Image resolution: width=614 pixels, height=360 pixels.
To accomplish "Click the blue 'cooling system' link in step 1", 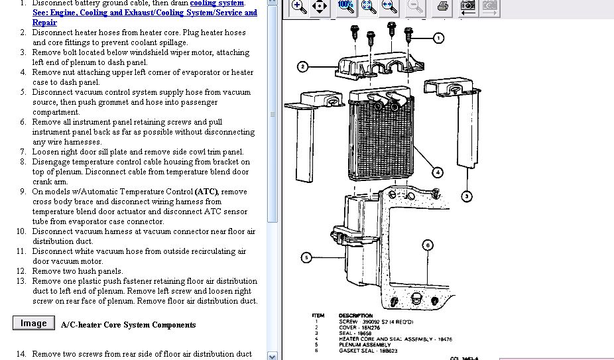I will click(x=217, y=3).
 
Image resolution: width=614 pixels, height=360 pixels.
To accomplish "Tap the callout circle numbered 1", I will click(x=438, y=38).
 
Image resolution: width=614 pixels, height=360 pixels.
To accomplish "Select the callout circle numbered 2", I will click(x=302, y=66).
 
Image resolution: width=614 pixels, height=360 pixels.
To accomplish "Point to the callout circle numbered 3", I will click(x=467, y=196).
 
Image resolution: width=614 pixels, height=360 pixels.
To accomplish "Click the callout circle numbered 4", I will click(x=438, y=172).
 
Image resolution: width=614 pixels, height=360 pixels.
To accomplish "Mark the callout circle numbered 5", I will click(x=306, y=257).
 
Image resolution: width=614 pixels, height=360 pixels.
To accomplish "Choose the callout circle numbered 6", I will click(x=428, y=245).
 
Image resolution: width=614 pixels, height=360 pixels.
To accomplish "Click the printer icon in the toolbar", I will click(x=443, y=7).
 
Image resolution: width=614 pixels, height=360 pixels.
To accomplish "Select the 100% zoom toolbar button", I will click(x=345, y=6).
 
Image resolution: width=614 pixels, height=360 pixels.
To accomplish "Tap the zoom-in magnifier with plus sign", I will click(x=299, y=7).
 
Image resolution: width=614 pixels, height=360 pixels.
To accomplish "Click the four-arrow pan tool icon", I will click(x=320, y=7).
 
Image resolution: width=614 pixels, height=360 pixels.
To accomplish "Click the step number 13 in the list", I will click(x=21, y=281).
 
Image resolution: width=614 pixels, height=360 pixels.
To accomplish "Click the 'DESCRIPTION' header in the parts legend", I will click(x=355, y=316).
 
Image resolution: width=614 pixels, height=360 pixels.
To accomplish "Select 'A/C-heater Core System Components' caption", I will click(x=128, y=325).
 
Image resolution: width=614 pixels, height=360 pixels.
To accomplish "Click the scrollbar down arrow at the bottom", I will click(x=273, y=355).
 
